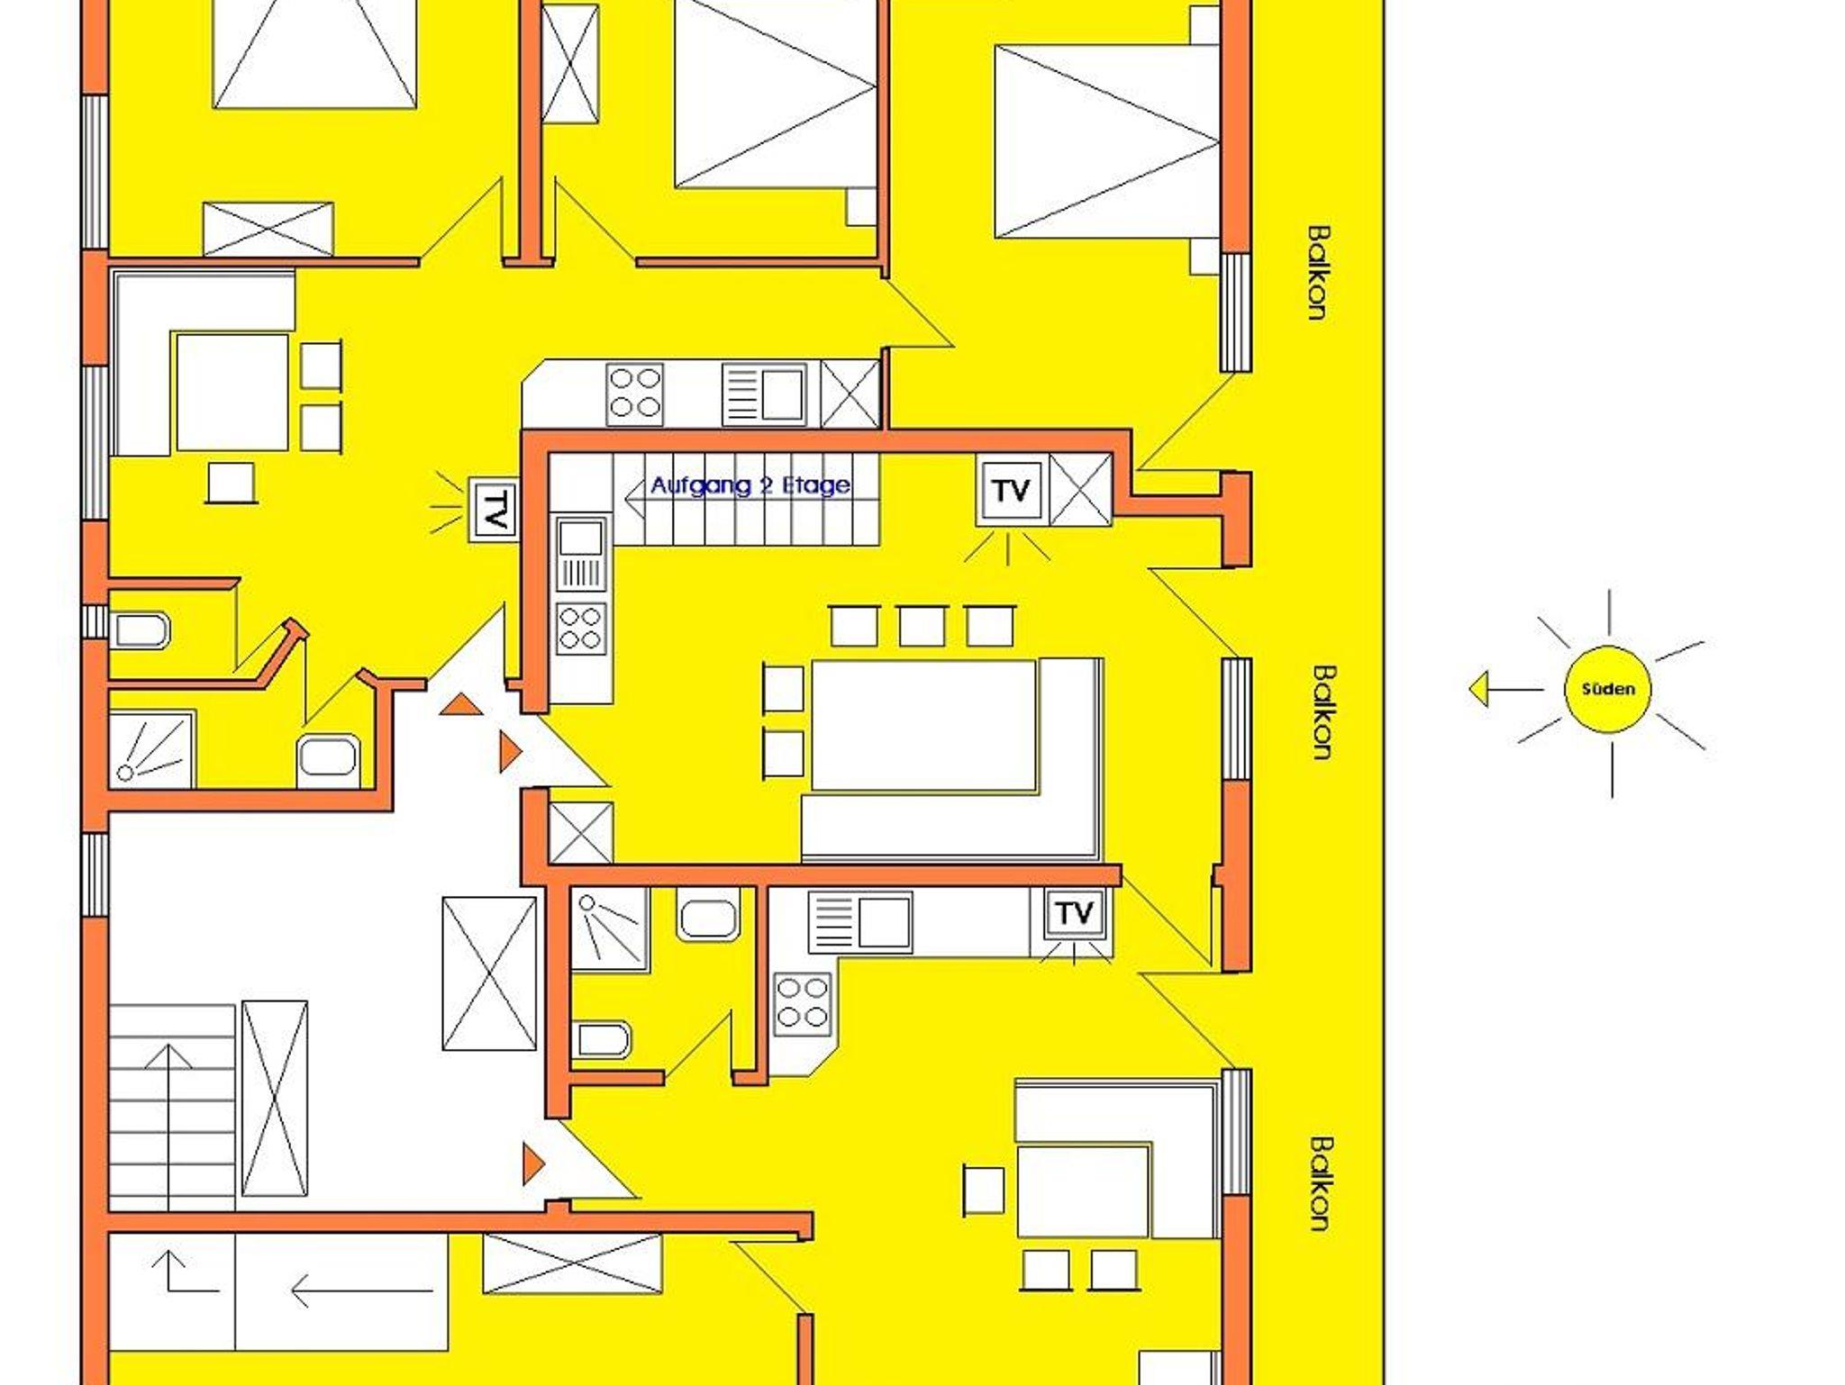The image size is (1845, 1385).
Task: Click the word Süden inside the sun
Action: pyautogui.click(x=1608, y=690)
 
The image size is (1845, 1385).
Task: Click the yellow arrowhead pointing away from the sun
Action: pyautogui.click(x=1478, y=690)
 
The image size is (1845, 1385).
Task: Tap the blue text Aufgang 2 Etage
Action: pyautogui.click(x=750, y=485)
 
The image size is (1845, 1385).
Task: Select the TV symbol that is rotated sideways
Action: pyautogui.click(x=493, y=510)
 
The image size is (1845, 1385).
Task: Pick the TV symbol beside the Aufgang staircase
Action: pyautogui.click(x=1012, y=491)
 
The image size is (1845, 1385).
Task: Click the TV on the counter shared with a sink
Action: pyautogui.click(x=1074, y=914)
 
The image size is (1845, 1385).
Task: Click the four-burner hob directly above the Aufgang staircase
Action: pyautogui.click(x=634, y=394)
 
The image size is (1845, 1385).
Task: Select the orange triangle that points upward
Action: pyautogui.click(x=460, y=704)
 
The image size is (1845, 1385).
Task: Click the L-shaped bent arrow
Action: pyautogui.click(x=186, y=1272)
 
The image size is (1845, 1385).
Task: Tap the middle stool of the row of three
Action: pyautogui.click(x=922, y=627)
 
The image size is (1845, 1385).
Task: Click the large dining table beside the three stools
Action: pyautogui.click(x=924, y=726)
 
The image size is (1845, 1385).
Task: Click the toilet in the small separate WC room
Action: pyautogui.click(x=140, y=631)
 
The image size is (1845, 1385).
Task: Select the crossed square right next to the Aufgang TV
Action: pyautogui.click(x=1081, y=490)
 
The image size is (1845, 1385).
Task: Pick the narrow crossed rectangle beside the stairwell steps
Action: pyautogui.click(x=275, y=1099)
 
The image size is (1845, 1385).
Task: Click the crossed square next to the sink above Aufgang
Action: pyautogui.click(x=850, y=394)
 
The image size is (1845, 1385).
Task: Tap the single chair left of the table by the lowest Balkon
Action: pyautogui.click(x=983, y=1190)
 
